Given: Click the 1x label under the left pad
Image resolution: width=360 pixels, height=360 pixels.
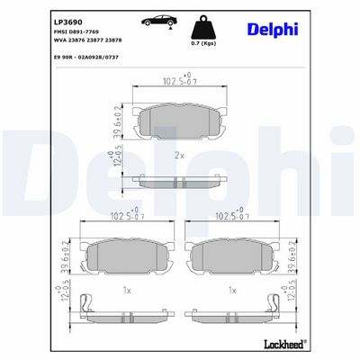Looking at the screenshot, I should pyautogui.click(x=127, y=291).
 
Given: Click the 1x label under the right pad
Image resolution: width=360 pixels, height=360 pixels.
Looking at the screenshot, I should pyautogui.click(x=232, y=291).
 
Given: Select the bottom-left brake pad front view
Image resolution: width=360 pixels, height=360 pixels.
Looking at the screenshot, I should pyautogui.click(x=126, y=256).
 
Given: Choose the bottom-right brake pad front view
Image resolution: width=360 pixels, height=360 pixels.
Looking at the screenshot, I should pyautogui.click(x=233, y=256).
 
